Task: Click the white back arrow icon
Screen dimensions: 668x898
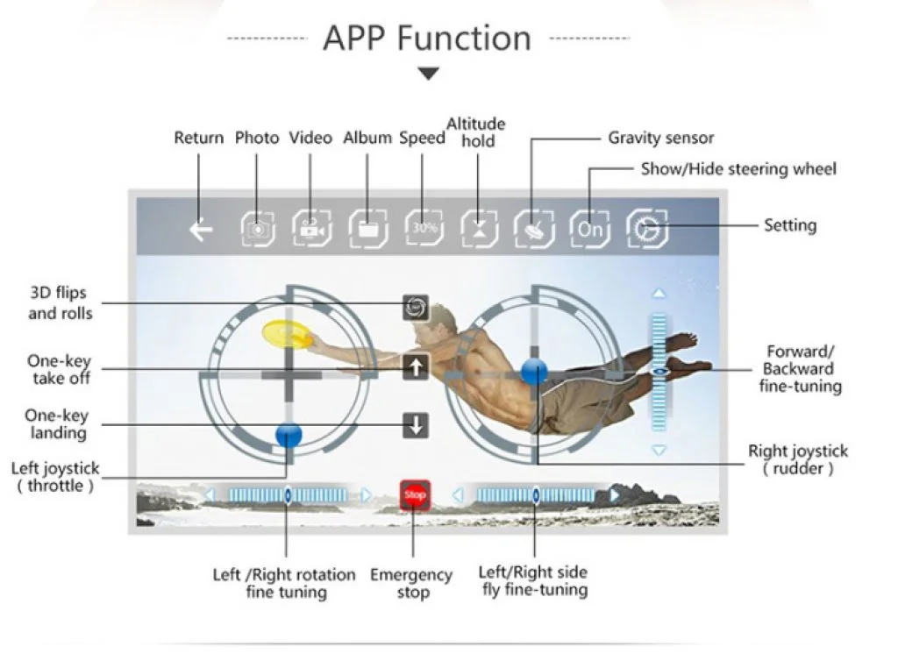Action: (x=202, y=231)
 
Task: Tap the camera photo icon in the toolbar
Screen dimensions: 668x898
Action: (x=258, y=230)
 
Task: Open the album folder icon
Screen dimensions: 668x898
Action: (x=368, y=230)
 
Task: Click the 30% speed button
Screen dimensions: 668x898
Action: (x=424, y=229)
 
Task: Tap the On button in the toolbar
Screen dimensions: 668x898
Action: (x=590, y=230)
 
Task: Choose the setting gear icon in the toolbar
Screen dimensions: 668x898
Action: (x=647, y=230)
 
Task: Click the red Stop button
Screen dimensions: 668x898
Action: (x=415, y=495)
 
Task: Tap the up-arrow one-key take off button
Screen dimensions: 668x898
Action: (x=416, y=368)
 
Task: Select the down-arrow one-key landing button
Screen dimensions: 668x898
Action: (x=416, y=426)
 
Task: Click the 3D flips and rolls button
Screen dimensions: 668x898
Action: (x=416, y=306)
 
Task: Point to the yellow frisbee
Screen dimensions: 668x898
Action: (x=286, y=333)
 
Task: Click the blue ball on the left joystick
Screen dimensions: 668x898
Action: (x=288, y=433)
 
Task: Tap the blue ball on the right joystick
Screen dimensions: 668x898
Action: (x=534, y=371)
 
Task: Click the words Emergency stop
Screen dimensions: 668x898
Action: (x=411, y=584)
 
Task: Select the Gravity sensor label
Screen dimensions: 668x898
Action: (x=660, y=138)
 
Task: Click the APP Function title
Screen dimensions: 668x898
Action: (x=427, y=39)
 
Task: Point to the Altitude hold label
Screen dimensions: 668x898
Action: (x=476, y=132)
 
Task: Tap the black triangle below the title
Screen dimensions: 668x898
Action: (x=428, y=75)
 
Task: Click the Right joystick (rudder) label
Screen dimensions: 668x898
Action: (x=797, y=459)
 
